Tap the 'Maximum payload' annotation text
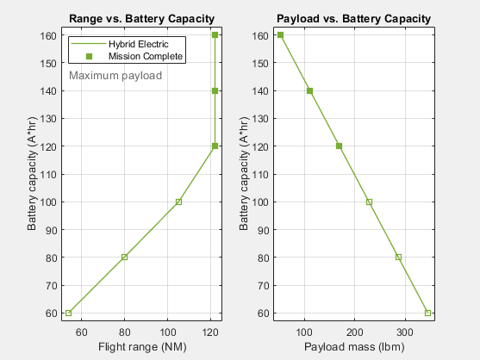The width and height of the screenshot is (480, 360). pyautogui.click(x=115, y=76)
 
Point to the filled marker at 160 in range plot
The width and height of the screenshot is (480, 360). pyautogui.click(x=215, y=35)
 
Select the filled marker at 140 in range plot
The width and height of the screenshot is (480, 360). pyautogui.click(x=215, y=90)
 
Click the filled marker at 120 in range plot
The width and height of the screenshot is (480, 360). pyautogui.click(x=215, y=146)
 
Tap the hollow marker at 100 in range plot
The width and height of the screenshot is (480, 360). pyautogui.click(x=178, y=202)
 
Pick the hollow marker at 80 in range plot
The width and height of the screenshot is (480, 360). pyautogui.click(x=124, y=257)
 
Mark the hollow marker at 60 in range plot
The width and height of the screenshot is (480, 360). pyautogui.click(x=68, y=313)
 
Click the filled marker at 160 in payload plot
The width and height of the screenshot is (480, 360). pyautogui.click(x=280, y=35)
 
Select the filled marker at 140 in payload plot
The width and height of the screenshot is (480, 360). pyautogui.click(x=309, y=90)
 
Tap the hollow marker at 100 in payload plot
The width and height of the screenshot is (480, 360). pyautogui.click(x=369, y=202)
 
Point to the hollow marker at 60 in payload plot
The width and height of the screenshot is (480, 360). pyautogui.click(x=427, y=313)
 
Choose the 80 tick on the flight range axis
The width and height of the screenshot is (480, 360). pyautogui.click(x=124, y=330)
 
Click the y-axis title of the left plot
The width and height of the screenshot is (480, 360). pyautogui.click(x=33, y=174)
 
